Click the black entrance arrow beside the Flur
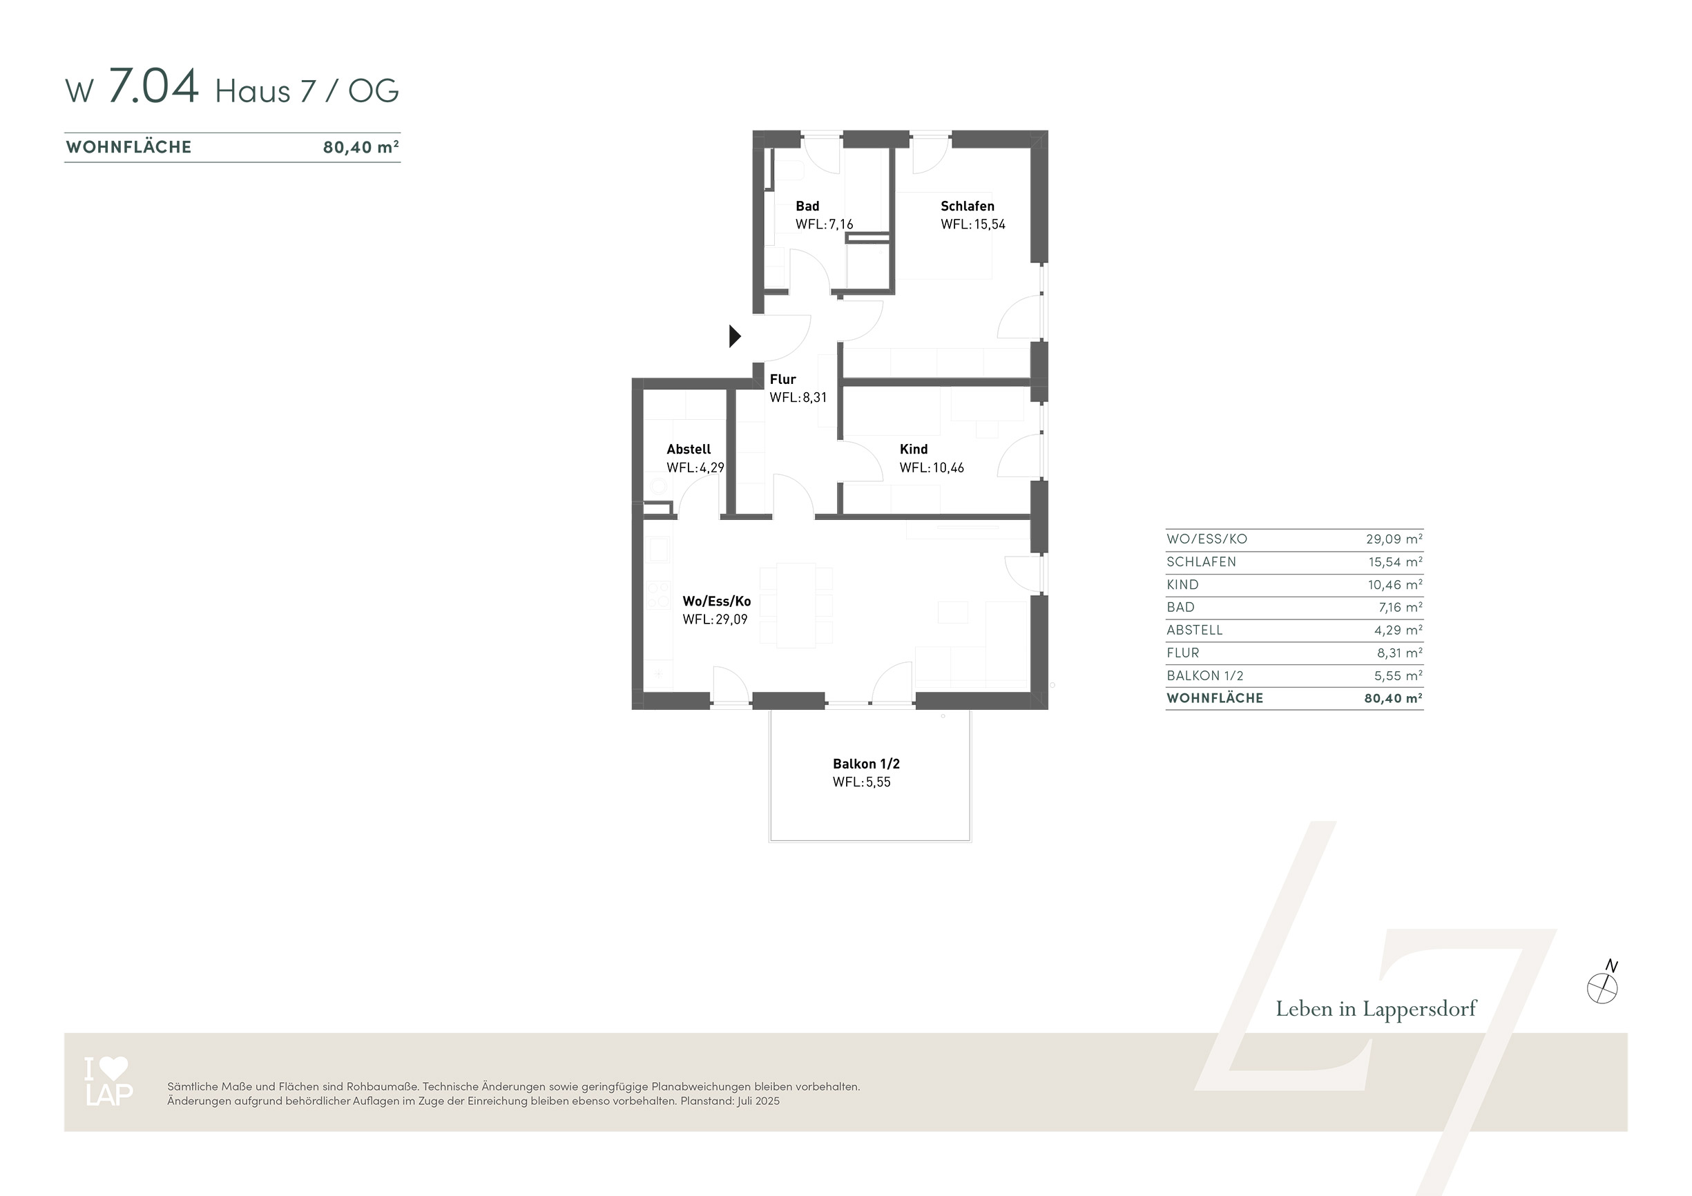[735, 336]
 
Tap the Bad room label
[807, 206]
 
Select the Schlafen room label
[967, 206]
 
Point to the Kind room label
[913, 449]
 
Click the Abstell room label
[689, 449]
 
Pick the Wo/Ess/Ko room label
[716, 601]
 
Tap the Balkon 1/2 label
[866, 764]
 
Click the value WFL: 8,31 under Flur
[798, 397]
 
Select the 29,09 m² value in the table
[1394, 539]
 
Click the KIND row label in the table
[1182, 584]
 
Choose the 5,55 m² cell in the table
[1398, 675]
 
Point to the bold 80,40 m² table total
[1393, 698]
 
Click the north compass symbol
[1603, 984]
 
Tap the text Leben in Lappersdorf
[1376, 1009]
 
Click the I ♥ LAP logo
[109, 1081]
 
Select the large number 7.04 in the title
[153, 86]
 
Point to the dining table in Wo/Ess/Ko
[796, 605]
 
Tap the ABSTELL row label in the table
[1195, 630]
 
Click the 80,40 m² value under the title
[361, 146]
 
